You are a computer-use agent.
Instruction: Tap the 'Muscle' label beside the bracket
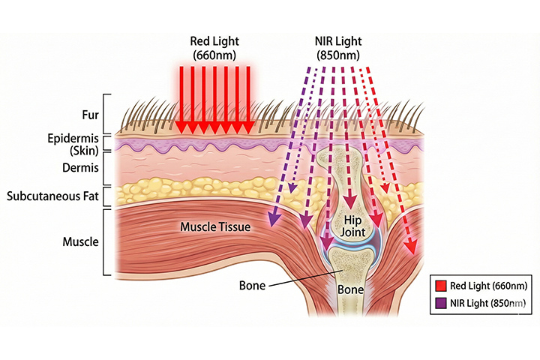pyautogui.click(x=78, y=242)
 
